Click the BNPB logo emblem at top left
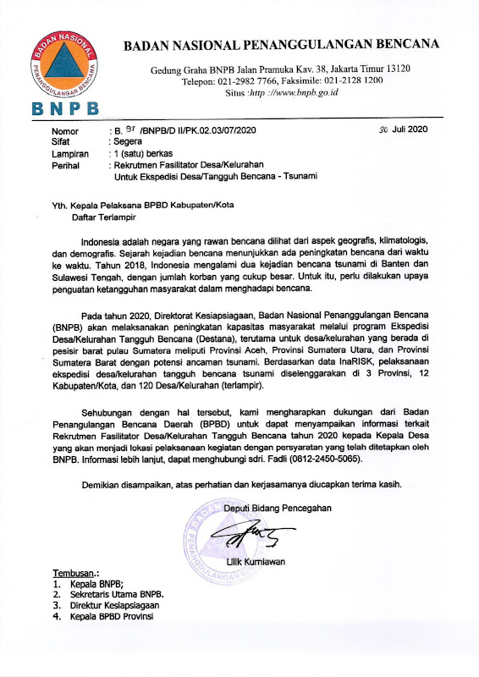click(63, 66)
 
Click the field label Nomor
click(65, 132)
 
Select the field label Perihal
click(66, 165)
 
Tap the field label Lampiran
click(69, 154)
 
